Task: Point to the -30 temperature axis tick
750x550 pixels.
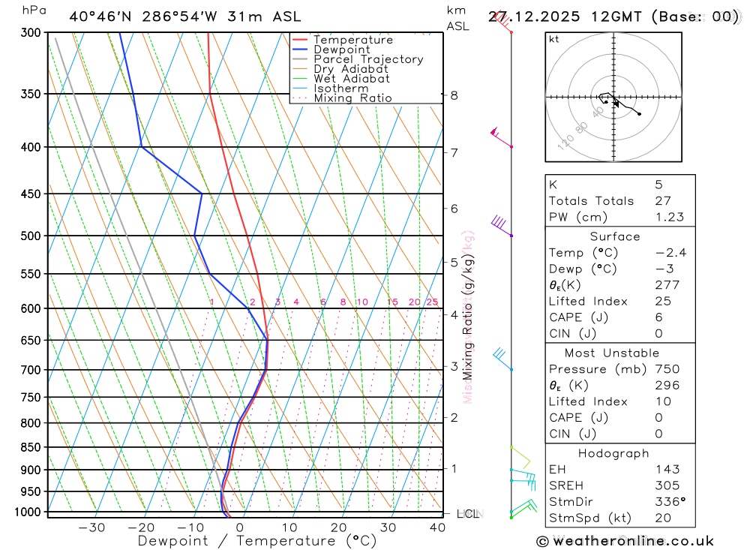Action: click(91, 527)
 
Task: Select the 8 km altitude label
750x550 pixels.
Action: click(454, 95)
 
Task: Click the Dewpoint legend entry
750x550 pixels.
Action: click(341, 50)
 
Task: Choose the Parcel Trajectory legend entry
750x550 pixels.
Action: click(367, 59)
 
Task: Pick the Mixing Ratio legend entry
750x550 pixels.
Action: click(352, 98)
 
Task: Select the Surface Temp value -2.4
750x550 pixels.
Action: click(670, 253)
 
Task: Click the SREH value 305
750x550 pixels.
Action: click(667, 485)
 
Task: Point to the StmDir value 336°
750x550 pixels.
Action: click(670, 502)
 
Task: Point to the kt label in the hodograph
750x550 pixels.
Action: click(554, 39)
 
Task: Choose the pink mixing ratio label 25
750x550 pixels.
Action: click(432, 302)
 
